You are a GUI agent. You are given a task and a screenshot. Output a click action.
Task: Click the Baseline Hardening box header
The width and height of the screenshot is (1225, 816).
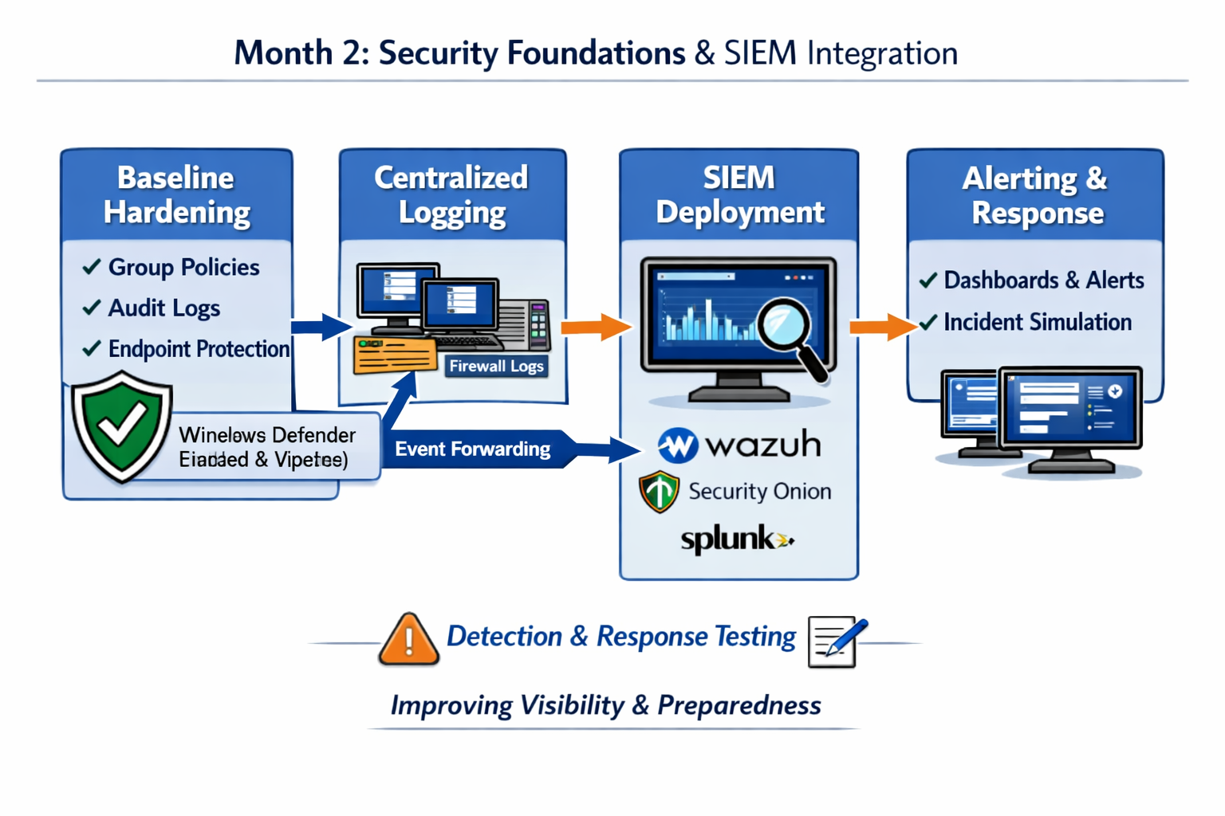[x=176, y=195]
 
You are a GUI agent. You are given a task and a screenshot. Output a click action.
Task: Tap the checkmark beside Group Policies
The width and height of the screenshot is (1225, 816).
[x=92, y=267]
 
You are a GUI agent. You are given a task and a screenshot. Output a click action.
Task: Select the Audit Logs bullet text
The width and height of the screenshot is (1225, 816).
[x=163, y=308]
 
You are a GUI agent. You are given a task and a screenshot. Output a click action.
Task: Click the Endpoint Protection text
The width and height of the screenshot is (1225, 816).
[x=199, y=349]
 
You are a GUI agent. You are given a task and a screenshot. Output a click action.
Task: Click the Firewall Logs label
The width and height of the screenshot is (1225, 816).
[x=496, y=367]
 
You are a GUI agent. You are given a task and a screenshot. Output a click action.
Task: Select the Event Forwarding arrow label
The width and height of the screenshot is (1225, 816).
[x=472, y=449]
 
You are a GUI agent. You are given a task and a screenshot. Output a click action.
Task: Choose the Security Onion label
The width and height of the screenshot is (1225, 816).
[x=758, y=492]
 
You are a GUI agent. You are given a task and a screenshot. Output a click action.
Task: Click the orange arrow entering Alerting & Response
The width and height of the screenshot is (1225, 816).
[x=882, y=326]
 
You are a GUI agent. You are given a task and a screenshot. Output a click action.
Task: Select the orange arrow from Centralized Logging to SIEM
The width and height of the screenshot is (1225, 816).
[x=595, y=327]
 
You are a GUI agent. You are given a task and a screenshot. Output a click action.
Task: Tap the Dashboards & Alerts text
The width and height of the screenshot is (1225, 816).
[x=1043, y=280]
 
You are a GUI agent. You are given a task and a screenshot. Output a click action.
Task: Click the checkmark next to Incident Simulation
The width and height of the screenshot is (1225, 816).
[x=928, y=323]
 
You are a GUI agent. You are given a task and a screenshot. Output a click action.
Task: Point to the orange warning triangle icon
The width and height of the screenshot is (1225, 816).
[x=408, y=639]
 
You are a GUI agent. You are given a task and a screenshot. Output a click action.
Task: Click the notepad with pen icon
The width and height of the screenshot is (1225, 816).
[x=835, y=641]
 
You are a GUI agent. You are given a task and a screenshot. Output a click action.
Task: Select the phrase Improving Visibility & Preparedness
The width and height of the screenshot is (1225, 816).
[x=605, y=705]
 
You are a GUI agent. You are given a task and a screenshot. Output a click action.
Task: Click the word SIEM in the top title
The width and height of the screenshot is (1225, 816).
[x=760, y=53]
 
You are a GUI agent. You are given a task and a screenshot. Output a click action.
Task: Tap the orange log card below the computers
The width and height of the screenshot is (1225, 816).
[x=395, y=355]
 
